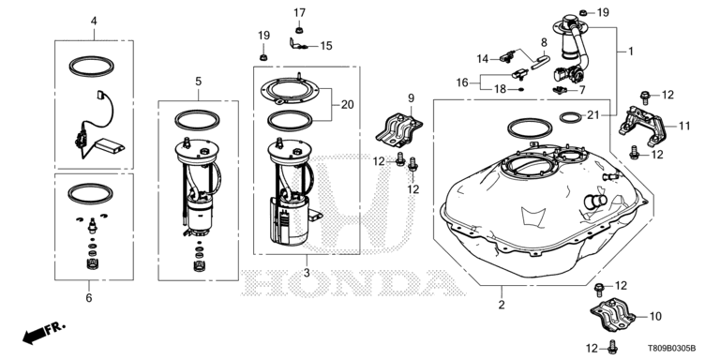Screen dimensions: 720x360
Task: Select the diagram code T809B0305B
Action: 671,348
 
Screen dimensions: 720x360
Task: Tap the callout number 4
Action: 94,22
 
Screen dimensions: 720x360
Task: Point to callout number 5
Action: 198,82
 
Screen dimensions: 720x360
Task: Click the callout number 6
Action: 89,298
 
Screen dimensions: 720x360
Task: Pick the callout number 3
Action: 307,273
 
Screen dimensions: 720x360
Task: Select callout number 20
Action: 348,105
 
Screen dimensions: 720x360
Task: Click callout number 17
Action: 299,13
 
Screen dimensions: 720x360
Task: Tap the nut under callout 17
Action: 299,30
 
